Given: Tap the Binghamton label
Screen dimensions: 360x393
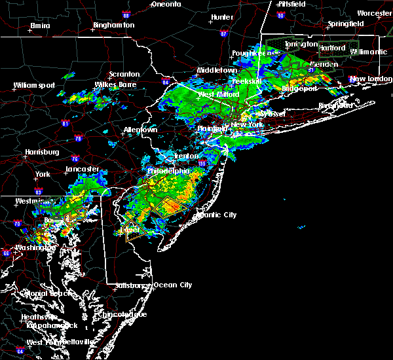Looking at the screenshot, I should coord(113,25).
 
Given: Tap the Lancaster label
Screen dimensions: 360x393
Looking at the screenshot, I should coord(82,169).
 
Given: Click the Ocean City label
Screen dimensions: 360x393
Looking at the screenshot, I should coord(173,285).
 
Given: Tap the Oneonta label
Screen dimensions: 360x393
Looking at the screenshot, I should coord(166,4).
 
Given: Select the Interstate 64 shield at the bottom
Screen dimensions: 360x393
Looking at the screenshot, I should coord(20,351).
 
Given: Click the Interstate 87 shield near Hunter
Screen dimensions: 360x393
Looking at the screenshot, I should coord(224,33).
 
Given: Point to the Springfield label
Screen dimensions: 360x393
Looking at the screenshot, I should coord(347,24).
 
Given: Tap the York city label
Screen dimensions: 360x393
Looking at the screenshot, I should coord(43,175).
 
